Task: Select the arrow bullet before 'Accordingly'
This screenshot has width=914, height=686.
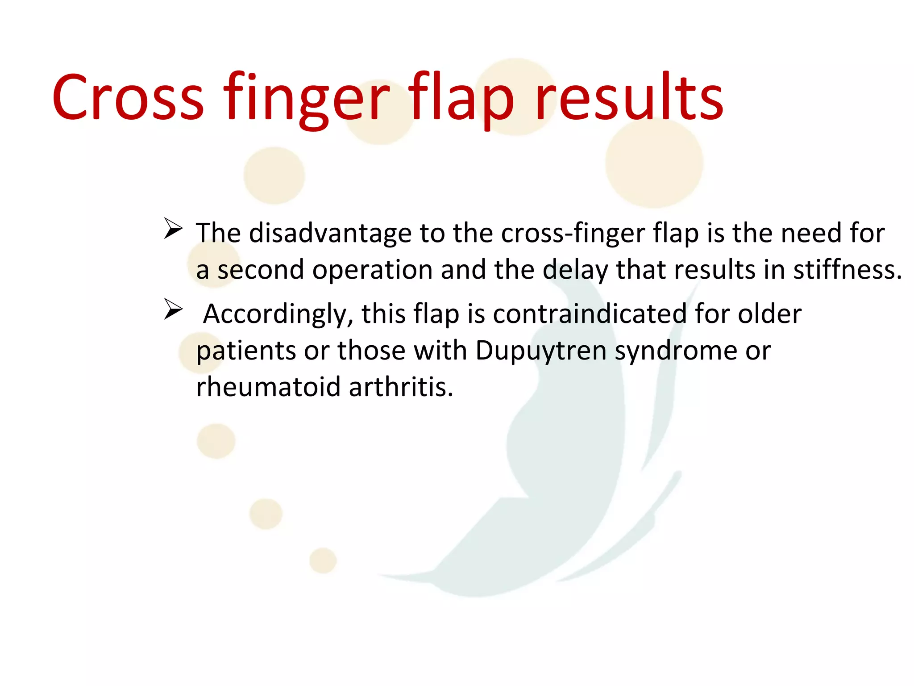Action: tap(173, 309)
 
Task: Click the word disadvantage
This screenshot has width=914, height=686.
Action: tap(330, 233)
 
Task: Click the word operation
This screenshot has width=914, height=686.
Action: tap(372, 270)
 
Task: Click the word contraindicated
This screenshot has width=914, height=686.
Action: tap(590, 314)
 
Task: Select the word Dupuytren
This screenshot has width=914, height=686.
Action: tap(540, 351)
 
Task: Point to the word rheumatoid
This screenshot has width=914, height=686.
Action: tap(268, 387)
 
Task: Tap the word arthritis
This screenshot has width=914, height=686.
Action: tap(400, 387)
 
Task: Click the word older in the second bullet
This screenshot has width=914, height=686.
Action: tap(769, 314)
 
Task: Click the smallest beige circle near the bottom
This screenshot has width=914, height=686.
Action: tap(323, 560)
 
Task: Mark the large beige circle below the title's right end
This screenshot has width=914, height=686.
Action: tap(654, 163)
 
